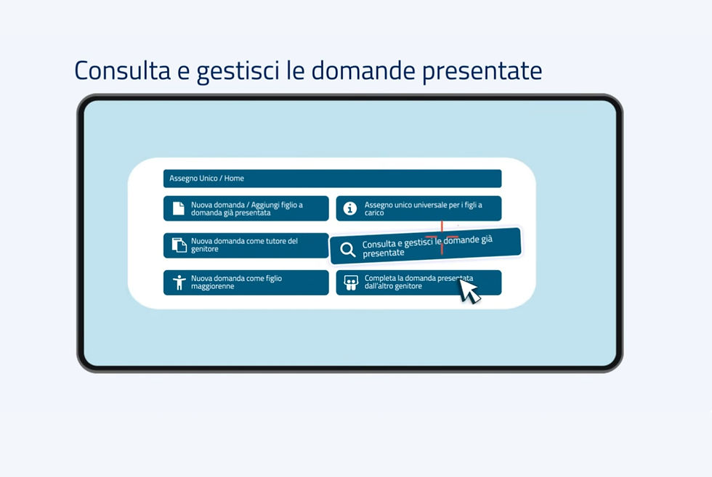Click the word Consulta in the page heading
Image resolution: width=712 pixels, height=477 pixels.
click(123, 70)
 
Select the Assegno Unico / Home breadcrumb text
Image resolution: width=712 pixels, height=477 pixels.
click(206, 179)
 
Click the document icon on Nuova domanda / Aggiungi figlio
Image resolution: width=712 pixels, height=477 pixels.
click(179, 208)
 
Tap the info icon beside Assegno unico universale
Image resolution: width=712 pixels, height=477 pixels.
click(350, 208)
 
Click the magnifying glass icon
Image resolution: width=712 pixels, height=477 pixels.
click(348, 250)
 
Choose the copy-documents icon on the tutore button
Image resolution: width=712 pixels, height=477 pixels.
click(179, 245)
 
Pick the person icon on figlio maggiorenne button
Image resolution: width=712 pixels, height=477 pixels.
click(179, 282)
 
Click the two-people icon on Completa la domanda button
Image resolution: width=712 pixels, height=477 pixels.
click(350, 282)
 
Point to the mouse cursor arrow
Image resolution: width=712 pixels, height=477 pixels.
click(468, 290)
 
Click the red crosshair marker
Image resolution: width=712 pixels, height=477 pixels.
click(442, 237)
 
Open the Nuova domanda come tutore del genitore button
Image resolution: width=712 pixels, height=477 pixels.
click(246, 245)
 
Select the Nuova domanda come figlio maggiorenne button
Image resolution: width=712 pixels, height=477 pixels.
click(246, 282)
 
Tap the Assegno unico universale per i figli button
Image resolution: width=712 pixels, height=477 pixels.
click(418, 208)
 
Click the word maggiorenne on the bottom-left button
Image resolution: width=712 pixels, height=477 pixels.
click(212, 286)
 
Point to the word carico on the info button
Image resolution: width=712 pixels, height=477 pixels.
click(374, 213)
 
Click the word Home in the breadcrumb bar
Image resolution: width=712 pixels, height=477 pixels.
click(234, 179)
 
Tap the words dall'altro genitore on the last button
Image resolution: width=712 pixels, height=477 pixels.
click(393, 286)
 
